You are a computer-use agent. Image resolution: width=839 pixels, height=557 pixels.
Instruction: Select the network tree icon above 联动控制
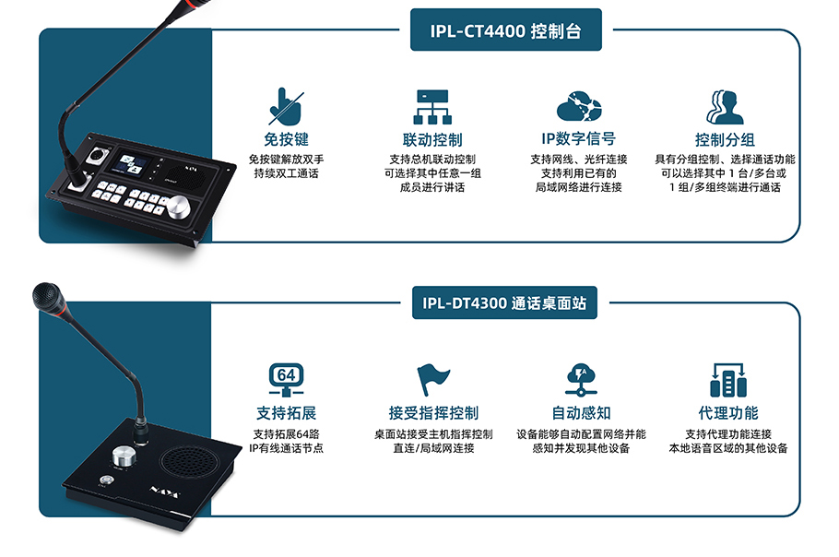click(x=431, y=107)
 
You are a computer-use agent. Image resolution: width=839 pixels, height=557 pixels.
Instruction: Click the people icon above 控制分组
click(x=725, y=107)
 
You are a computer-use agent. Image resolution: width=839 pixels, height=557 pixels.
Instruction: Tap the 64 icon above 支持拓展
click(x=286, y=379)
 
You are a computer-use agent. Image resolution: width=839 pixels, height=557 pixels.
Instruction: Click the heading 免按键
click(x=286, y=140)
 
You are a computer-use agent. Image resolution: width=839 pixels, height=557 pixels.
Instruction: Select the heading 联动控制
click(x=432, y=140)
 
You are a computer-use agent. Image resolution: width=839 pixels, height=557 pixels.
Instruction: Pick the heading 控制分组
click(x=725, y=140)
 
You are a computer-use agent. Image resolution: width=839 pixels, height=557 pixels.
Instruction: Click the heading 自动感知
click(x=581, y=413)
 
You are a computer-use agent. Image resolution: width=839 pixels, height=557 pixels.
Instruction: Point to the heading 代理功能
click(x=727, y=413)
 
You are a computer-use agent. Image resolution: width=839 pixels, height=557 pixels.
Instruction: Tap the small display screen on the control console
click(x=129, y=168)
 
